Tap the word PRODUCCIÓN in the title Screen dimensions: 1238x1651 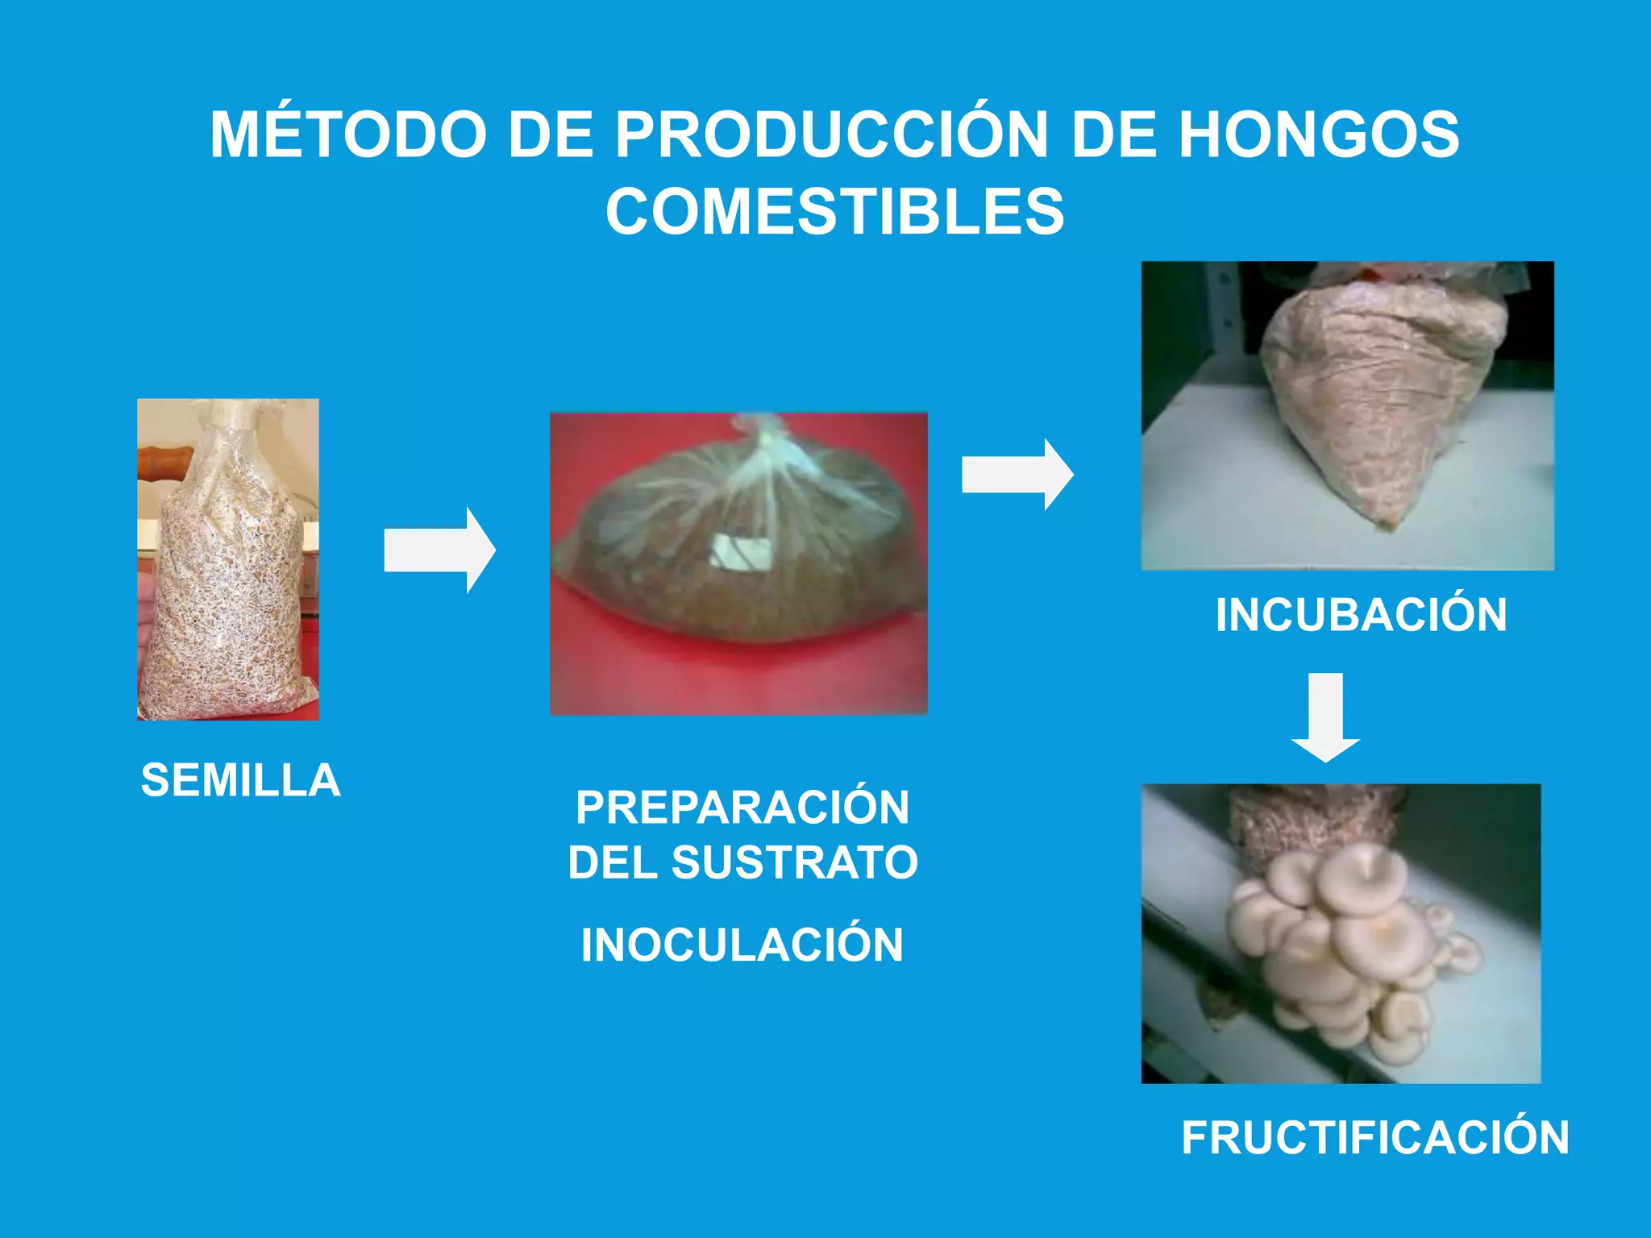(x=830, y=135)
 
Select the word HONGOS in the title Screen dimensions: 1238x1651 (x=1319, y=135)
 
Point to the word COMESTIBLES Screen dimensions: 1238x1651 (x=834, y=212)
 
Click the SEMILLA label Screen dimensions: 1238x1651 (x=240, y=780)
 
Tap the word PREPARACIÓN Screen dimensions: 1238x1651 (x=742, y=808)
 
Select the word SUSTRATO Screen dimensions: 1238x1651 (x=795, y=862)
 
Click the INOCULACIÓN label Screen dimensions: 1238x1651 (x=742, y=945)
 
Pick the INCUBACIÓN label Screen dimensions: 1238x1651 (x=1361, y=616)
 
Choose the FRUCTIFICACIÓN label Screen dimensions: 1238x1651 (x=1375, y=1138)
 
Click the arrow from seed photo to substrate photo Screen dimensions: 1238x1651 (x=439, y=551)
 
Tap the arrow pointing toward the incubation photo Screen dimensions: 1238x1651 (x=1017, y=474)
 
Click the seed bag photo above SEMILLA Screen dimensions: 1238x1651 (x=227, y=559)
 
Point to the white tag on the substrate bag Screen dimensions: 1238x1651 (x=739, y=553)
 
